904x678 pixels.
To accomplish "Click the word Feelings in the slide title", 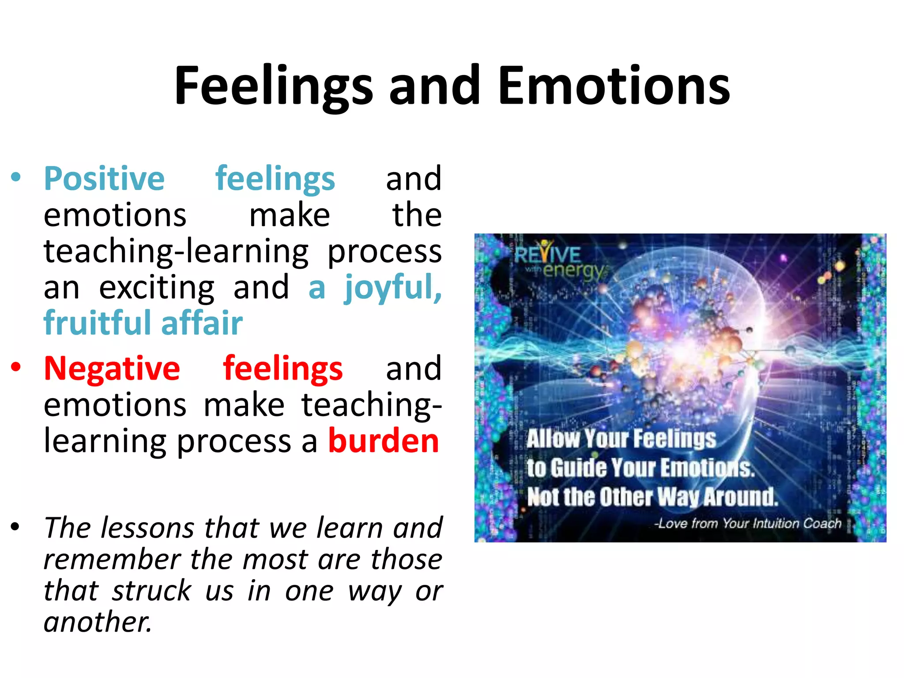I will (274, 86).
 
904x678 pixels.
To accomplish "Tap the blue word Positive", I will (104, 179).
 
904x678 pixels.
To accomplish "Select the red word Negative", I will (112, 369).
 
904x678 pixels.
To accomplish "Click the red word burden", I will (384, 441).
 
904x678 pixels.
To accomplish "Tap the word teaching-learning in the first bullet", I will (176, 252).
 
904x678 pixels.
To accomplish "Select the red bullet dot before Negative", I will (16, 367).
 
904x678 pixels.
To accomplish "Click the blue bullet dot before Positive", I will (16, 177).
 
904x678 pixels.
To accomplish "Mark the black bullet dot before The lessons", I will (16, 527).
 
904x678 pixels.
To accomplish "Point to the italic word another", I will (98, 622).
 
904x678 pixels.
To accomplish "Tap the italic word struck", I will (151, 591).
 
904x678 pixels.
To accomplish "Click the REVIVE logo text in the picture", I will (547, 254).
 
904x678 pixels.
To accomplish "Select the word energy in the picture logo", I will (573, 270).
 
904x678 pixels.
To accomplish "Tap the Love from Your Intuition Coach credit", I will (748, 524).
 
